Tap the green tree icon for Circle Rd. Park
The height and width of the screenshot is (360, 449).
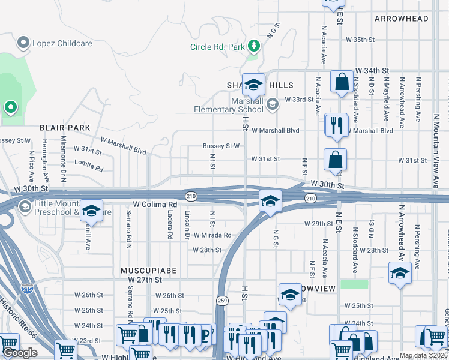click(x=254, y=46)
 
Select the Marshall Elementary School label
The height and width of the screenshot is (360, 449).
click(x=229, y=104)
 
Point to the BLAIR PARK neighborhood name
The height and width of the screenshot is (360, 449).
click(x=65, y=128)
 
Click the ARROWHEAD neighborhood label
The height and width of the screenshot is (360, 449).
click(x=402, y=19)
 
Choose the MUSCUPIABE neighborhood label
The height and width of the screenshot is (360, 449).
click(x=148, y=271)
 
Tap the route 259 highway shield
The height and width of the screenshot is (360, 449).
click(x=222, y=301)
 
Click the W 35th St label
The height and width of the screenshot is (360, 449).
click(x=360, y=40)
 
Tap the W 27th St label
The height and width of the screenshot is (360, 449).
click(x=145, y=280)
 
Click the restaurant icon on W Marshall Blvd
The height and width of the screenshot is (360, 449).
click(x=336, y=125)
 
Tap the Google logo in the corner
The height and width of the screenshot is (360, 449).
click(x=20, y=353)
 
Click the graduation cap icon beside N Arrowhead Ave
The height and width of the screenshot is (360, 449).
click(x=400, y=273)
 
